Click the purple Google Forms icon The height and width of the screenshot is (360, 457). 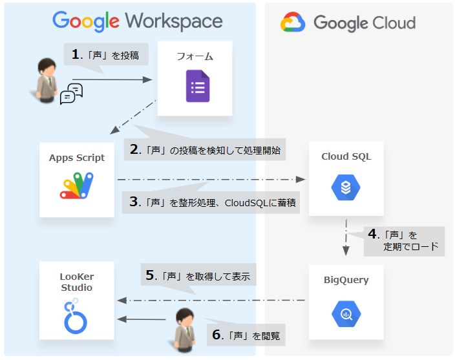[x=198, y=87]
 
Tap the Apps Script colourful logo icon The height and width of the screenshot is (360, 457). [x=77, y=185]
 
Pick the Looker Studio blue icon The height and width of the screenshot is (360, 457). [x=76, y=315]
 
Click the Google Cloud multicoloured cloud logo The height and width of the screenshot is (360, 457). [x=293, y=24]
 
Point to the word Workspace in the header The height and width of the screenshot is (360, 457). [x=175, y=21]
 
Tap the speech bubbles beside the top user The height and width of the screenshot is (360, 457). [x=71, y=94]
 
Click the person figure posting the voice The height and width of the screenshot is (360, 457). [x=47, y=79]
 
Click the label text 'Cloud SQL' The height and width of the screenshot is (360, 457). [x=346, y=156]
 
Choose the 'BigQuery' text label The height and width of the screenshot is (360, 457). [x=346, y=280]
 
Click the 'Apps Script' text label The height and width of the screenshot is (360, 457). [x=77, y=158]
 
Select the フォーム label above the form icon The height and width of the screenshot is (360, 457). [x=195, y=57]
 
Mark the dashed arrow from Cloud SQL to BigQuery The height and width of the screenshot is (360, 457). [x=346, y=239]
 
